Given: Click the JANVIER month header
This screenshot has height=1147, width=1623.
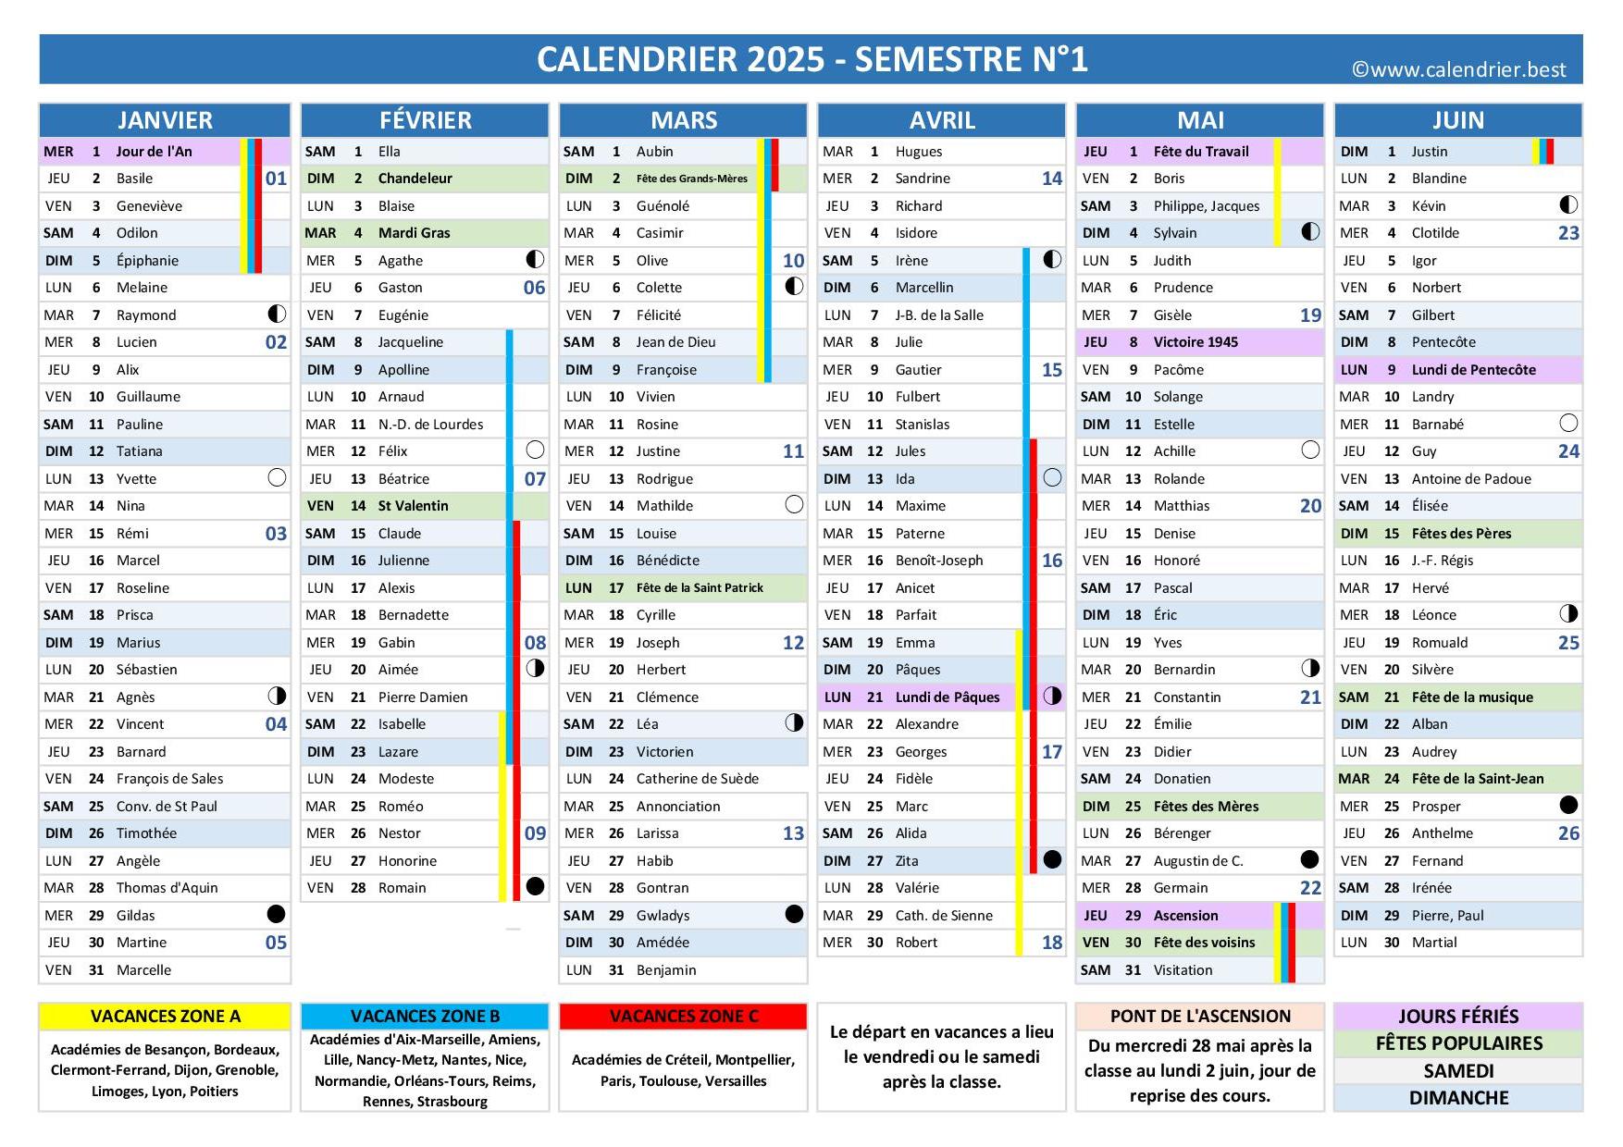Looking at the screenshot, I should (x=165, y=120).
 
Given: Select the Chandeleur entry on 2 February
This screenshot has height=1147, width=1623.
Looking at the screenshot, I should (x=415, y=179).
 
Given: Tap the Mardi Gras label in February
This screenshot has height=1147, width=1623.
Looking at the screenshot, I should (x=414, y=233).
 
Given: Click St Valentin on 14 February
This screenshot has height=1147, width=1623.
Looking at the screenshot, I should (x=413, y=506).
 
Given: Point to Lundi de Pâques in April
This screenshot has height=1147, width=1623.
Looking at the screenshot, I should (x=947, y=697).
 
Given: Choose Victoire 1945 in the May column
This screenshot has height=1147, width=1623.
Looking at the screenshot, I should (x=1195, y=342).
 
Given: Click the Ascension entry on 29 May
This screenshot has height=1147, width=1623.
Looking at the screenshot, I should (x=1185, y=916).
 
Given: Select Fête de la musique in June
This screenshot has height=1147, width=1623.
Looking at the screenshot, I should (x=1471, y=697).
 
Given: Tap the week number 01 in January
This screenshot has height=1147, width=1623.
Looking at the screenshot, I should (x=276, y=179).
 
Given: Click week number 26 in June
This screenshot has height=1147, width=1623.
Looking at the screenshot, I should (x=1568, y=833).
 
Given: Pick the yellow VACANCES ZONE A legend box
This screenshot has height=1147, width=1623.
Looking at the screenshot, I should (x=165, y=1017).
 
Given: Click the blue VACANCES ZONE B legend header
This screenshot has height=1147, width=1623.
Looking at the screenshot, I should (x=425, y=1017).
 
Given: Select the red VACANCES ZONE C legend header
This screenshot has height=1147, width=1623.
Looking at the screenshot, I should (x=683, y=1017).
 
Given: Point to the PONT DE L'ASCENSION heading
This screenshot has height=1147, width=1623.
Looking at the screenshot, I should (x=1200, y=1017).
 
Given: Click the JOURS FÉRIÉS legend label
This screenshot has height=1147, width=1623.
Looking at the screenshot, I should (x=1458, y=1017).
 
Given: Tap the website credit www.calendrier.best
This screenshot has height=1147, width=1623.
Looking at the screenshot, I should (x=1459, y=70).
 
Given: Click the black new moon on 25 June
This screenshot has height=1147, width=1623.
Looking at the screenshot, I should (x=1568, y=806).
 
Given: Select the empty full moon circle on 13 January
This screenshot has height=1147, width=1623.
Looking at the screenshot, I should (x=276, y=478).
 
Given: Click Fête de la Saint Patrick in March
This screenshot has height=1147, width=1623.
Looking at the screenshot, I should (x=700, y=588).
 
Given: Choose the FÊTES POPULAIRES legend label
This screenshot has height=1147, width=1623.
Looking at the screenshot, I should (x=1458, y=1043).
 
